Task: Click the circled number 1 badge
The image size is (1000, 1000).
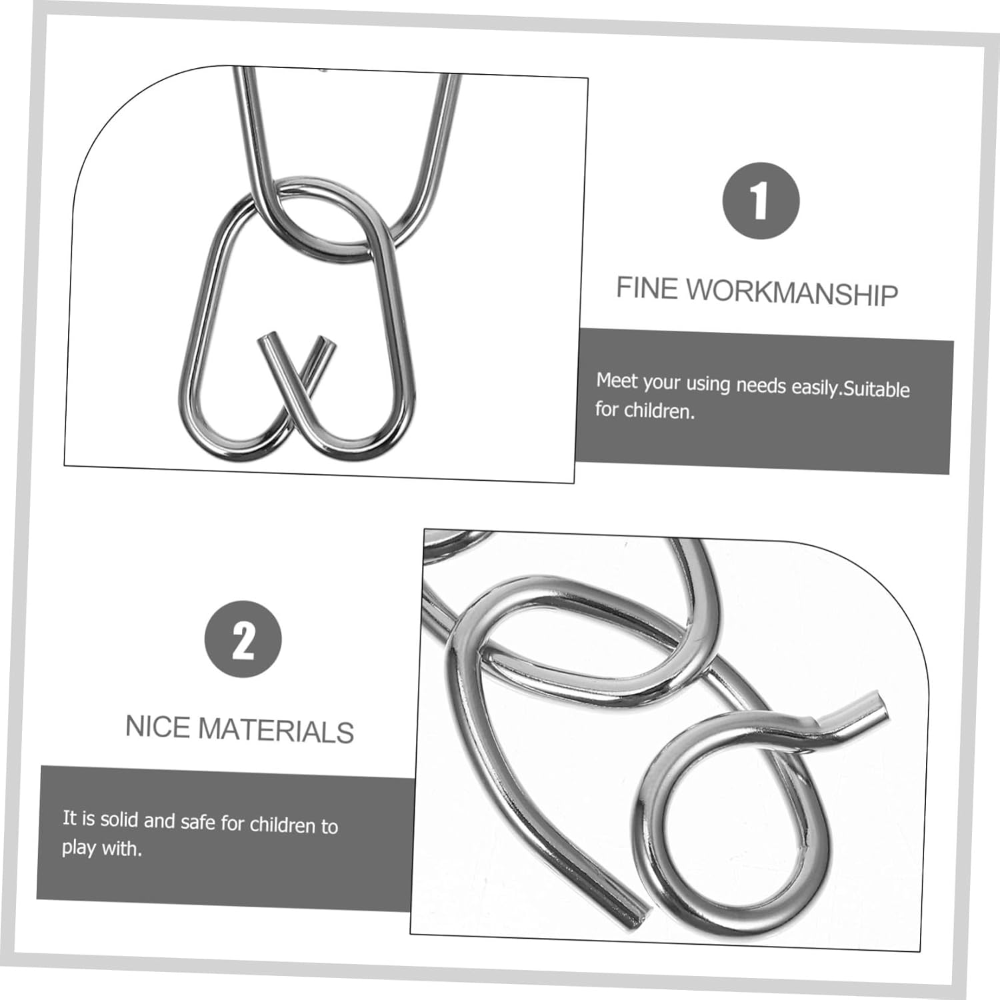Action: [x=761, y=201]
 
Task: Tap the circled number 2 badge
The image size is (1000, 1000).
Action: [x=243, y=639]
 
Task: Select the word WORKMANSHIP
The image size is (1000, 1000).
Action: [x=793, y=292]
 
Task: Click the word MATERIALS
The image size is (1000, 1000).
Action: [x=276, y=731]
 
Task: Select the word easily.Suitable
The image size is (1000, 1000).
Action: [x=850, y=387]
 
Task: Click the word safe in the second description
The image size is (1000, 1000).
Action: [x=198, y=822]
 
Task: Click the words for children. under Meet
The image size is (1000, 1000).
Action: [x=645, y=410]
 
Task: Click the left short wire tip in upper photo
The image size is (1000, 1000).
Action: [x=265, y=341]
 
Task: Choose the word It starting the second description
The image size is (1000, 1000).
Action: [x=69, y=817]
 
